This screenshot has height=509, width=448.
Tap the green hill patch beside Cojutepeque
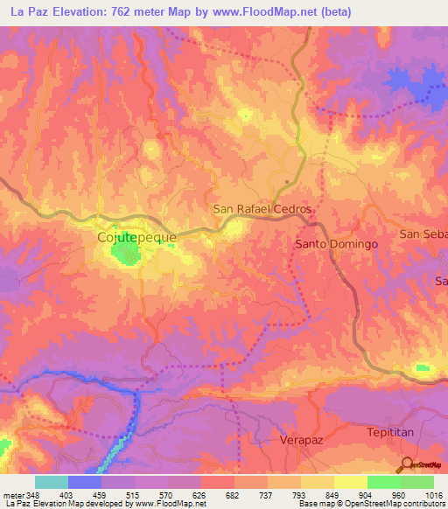tap(124, 253)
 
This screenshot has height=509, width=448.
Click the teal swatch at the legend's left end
tap(51, 482)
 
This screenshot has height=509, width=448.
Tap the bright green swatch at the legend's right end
tap(416, 482)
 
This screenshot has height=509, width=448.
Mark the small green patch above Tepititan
tap(424, 370)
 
